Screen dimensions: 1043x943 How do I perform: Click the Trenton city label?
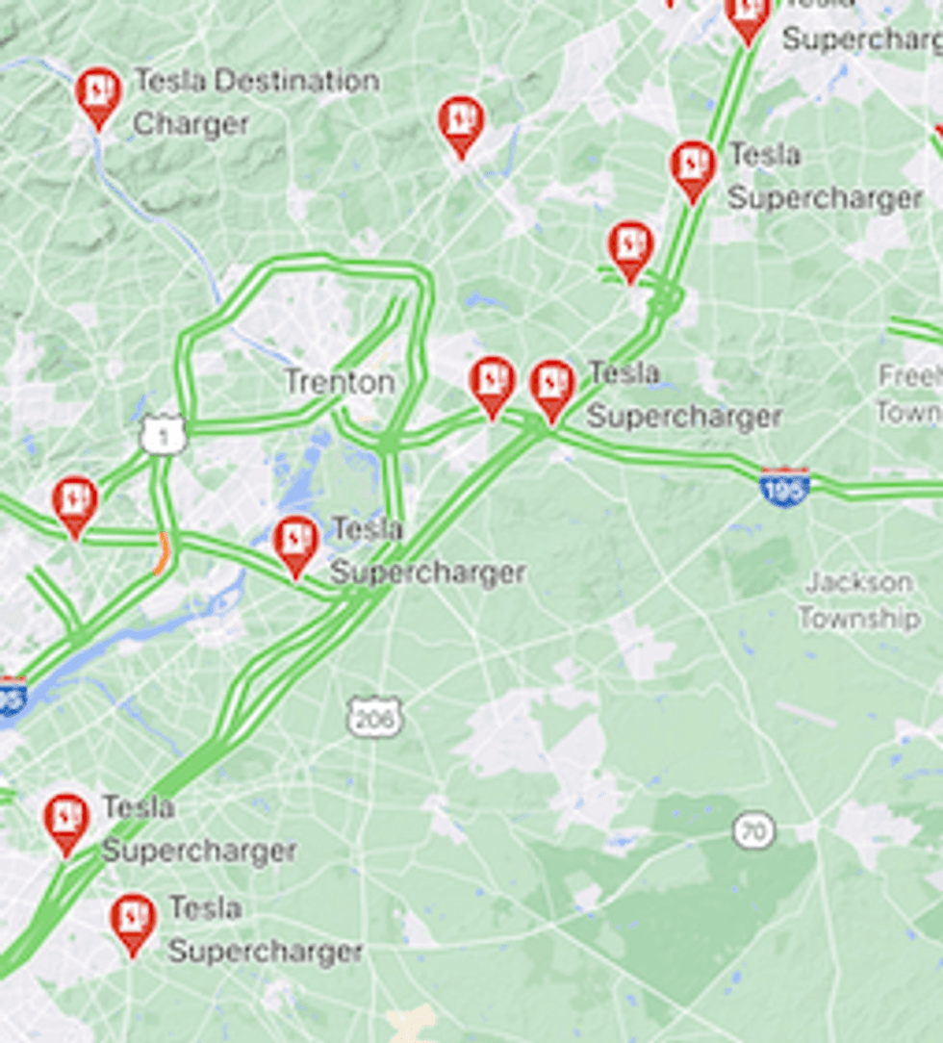340,382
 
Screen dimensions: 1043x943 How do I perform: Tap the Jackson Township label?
858,599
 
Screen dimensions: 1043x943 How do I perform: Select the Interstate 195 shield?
784,488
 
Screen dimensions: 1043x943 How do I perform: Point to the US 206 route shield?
374,717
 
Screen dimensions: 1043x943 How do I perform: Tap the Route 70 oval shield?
752,831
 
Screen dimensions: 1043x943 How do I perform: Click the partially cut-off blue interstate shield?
10,698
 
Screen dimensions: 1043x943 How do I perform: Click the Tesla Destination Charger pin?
98,93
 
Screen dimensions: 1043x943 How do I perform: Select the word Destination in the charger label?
295,81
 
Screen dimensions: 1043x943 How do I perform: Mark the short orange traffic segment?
161,555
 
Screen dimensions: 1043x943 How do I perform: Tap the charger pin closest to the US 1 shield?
75,502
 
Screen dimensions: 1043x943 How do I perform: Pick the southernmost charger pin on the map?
133,920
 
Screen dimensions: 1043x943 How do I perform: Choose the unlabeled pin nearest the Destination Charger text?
461,121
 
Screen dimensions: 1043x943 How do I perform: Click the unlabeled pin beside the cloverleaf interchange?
630,247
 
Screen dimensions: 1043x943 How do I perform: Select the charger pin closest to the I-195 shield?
552,386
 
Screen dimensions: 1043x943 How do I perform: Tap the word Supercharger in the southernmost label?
266,952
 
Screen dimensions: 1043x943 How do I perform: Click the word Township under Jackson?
858,618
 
